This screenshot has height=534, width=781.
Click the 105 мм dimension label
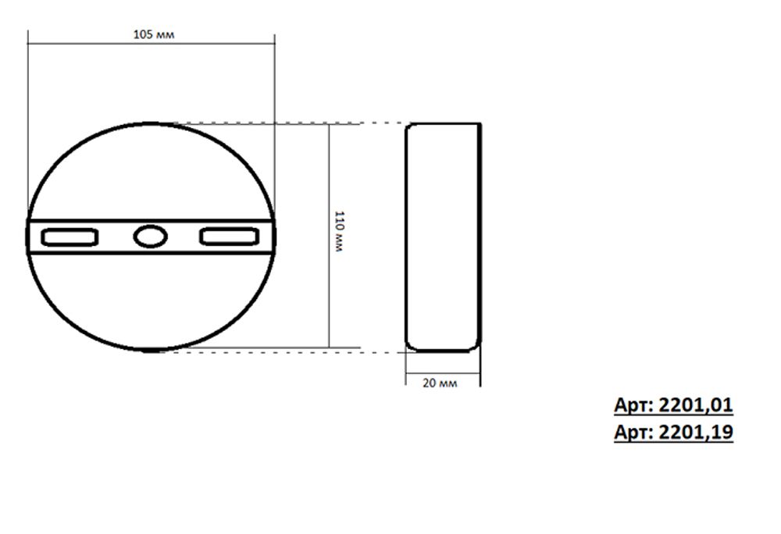tap(154, 35)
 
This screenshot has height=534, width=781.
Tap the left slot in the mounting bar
tap(70, 237)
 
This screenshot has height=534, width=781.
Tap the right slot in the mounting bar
tap(229, 237)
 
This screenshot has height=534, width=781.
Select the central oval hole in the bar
tap(149, 237)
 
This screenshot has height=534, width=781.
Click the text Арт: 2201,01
tap(673, 405)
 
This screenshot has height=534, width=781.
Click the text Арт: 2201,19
tap(673, 432)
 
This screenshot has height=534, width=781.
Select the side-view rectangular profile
tap(443, 237)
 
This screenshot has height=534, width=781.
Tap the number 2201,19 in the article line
tap(696, 432)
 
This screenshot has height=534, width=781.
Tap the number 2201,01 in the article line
tap(696, 405)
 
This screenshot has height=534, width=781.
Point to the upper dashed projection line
tap(289, 123)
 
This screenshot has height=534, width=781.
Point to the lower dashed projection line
tap(289, 351)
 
